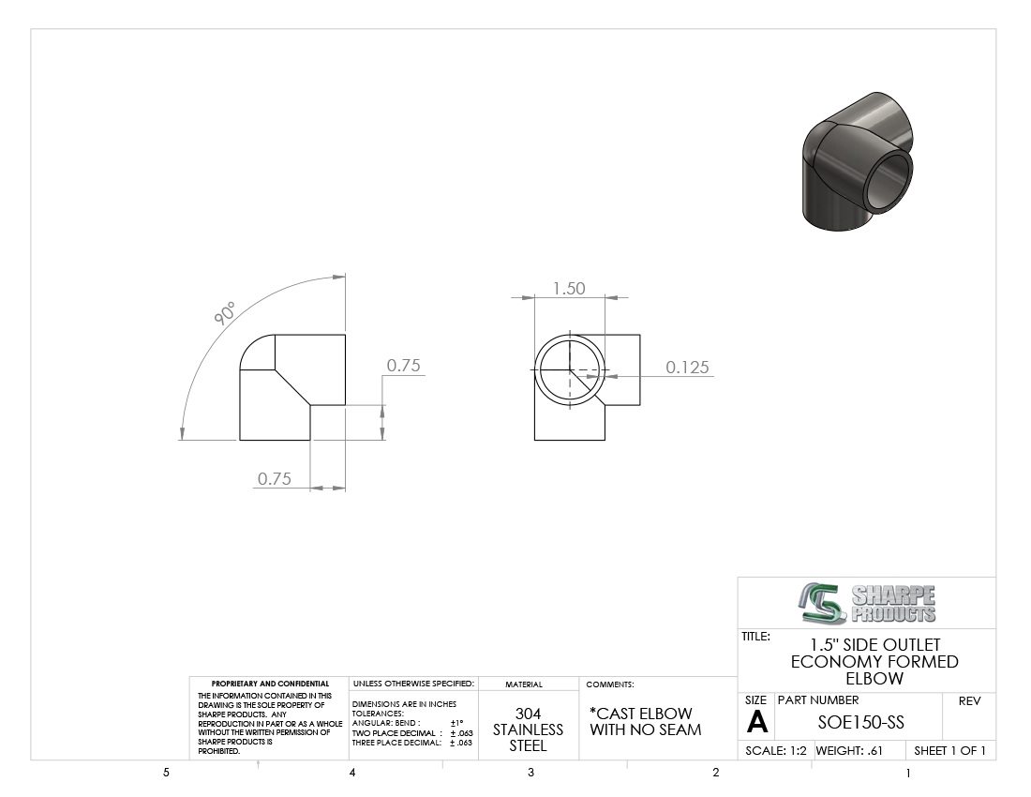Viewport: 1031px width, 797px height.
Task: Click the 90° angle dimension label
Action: coord(225,313)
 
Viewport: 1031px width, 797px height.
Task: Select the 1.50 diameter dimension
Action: coord(569,288)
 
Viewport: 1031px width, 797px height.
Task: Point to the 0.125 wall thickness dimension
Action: coord(687,367)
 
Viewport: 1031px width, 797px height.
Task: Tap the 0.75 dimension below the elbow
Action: coord(275,479)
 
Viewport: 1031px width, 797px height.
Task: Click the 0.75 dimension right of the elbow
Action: coord(403,365)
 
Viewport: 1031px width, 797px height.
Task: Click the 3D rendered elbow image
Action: coord(858,162)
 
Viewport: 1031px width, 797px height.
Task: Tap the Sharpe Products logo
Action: coord(867,603)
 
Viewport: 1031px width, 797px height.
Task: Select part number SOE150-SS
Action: coord(860,722)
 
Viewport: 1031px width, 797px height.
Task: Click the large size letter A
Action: coord(756,722)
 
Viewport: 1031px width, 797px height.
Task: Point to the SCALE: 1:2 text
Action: coord(776,750)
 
